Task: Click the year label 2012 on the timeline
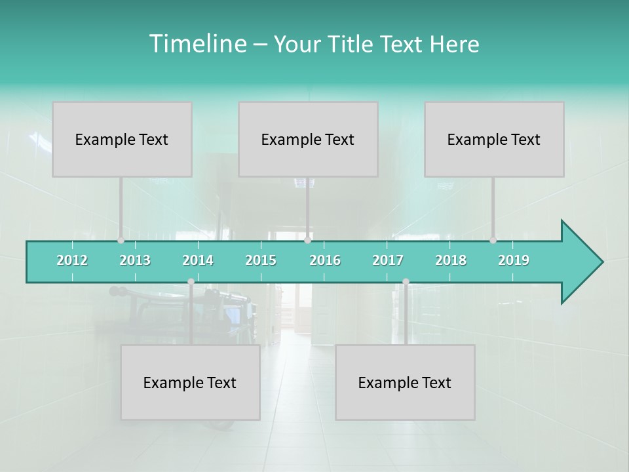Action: (x=72, y=260)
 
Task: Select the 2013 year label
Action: (x=135, y=260)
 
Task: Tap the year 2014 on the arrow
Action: (x=198, y=260)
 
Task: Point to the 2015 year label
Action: (x=261, y=260)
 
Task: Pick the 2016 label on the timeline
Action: (x=325, y=260)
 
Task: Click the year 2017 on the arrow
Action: (x=388, y=260)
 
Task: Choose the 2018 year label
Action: (x=451, y=260)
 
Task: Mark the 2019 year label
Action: (x=514, y=260)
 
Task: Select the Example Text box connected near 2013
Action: (x=122, y=139)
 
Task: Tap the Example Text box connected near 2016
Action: (x=308, y=139)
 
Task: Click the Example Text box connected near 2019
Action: (x=494, y=139)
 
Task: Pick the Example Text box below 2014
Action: (x=190, y=382)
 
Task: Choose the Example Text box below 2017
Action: (x=405, y=382)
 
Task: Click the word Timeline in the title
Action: (x=197, y=44)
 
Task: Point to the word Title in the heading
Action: (x=353, y=44)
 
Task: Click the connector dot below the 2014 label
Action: (x=191, y=282)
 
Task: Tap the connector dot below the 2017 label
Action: (x=406, y=282)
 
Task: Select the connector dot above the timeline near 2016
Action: (x=307, y=240)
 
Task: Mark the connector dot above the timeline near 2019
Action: (x=493, y=240)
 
